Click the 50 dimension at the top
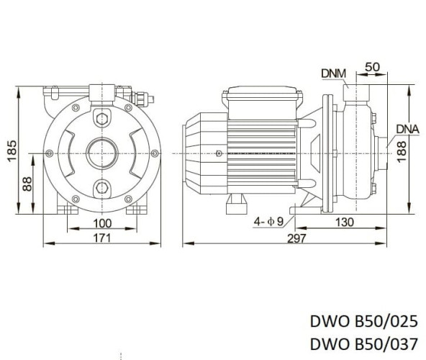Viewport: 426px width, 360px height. pos(373,66)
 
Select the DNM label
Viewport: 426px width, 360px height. pos(333,72)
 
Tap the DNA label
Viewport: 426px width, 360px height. pos(407,129)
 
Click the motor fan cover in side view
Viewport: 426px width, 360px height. pos(198,153)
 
